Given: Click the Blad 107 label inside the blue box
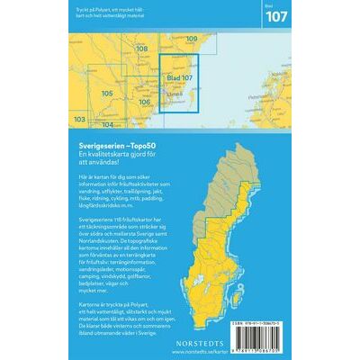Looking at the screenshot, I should [180, 78].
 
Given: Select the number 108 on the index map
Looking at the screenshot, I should [140, 49].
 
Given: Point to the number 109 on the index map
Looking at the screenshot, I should [191, 39].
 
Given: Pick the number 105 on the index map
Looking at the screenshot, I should [106, 93].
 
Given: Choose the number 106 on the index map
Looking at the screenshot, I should [145, 102].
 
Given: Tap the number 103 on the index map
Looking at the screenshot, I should [80, 118].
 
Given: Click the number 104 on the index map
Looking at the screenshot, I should [107, 125].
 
